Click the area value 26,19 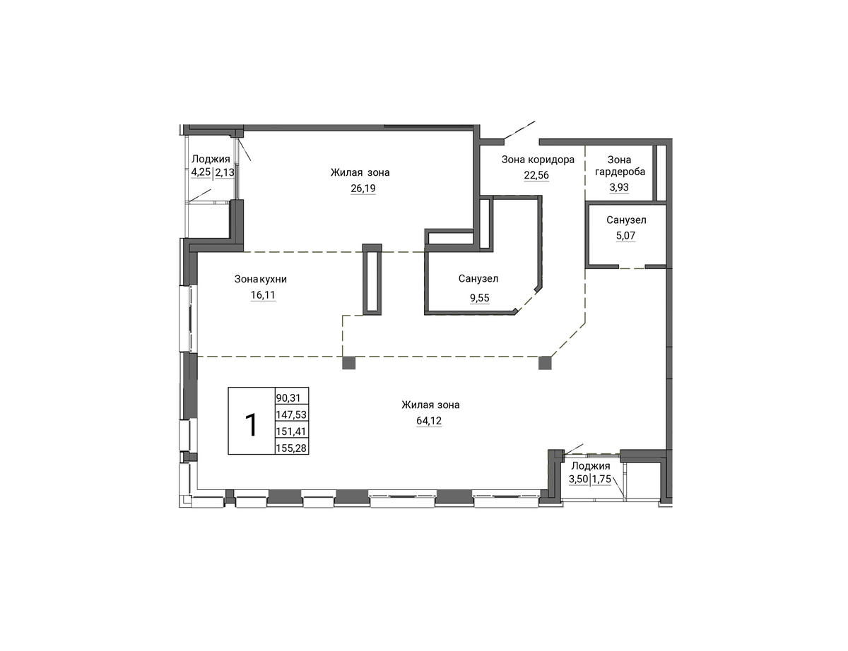point(363,189)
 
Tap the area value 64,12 point(429,421)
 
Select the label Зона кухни point(261,279)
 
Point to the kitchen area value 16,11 point(263,295)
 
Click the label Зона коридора point(538,160)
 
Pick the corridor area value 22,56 point(536,175)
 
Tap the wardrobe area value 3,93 point(619,187)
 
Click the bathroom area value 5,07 point(625,235)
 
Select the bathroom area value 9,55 point(479,298)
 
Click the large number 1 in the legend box point(252,424)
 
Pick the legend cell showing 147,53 point(292,414)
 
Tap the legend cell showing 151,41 point(292,431)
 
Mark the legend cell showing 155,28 point(292,448)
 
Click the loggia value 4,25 point(201,172)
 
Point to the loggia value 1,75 point(602,479)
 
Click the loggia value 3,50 point(578,479)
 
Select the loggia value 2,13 point(225,172)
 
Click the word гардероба point(620,172)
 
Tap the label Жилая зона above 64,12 point(430,405)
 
